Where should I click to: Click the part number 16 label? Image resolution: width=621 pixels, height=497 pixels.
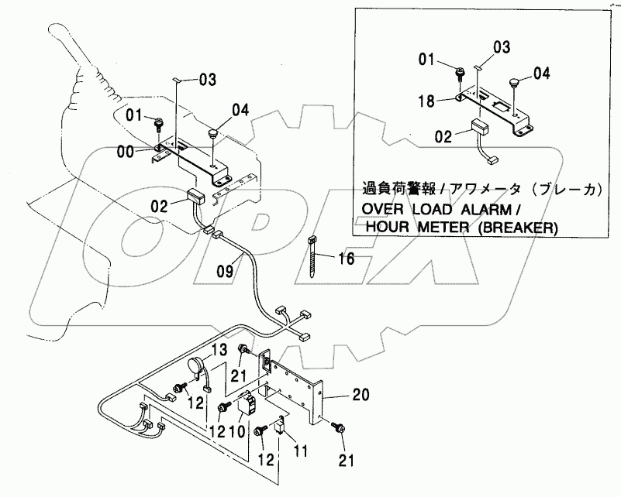(346, 258)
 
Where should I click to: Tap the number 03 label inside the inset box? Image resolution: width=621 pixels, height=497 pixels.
(502, 48)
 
